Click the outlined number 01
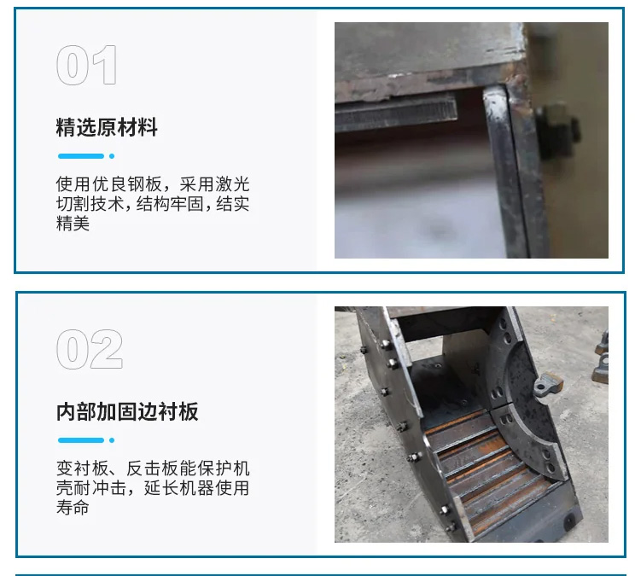87,65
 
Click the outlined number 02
90,349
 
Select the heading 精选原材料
107,127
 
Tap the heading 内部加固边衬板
127,411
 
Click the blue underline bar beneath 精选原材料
81,156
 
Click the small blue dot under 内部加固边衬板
112,440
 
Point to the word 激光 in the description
232,184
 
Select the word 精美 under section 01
73,223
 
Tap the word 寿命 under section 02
73,507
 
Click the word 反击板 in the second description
152,468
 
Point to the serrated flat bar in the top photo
396,114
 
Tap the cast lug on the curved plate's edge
548,385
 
